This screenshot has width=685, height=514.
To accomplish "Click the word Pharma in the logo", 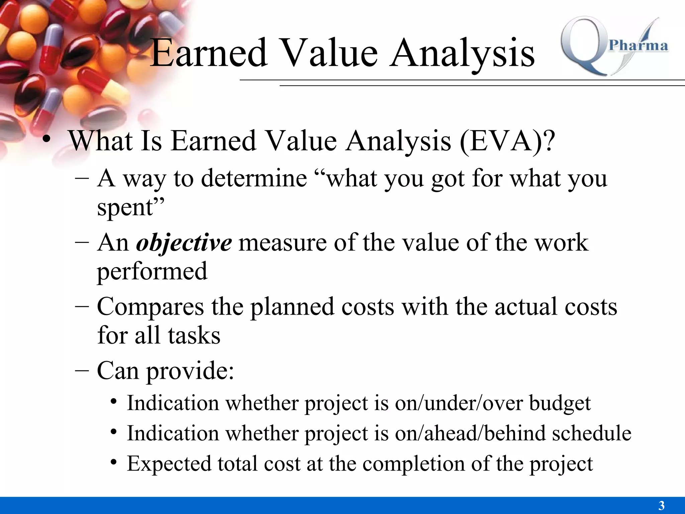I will [x=638, y=46].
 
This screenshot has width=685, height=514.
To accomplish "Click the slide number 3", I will [x=661, y=505].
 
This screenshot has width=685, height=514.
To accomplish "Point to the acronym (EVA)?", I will [x=507, y=141].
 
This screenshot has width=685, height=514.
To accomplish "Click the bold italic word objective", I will [x=184, y=243].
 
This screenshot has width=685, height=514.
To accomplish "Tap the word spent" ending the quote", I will [x=131, y=207].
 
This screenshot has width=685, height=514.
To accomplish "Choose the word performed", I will [x=152, y=271].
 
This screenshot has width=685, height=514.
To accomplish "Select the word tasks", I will [x=194, y=336].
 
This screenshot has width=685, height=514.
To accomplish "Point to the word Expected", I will [x=169, y=464].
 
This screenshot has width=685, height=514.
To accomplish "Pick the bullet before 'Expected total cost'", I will [x=114, y=462].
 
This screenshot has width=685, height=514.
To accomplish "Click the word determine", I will [x=254, y=178].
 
